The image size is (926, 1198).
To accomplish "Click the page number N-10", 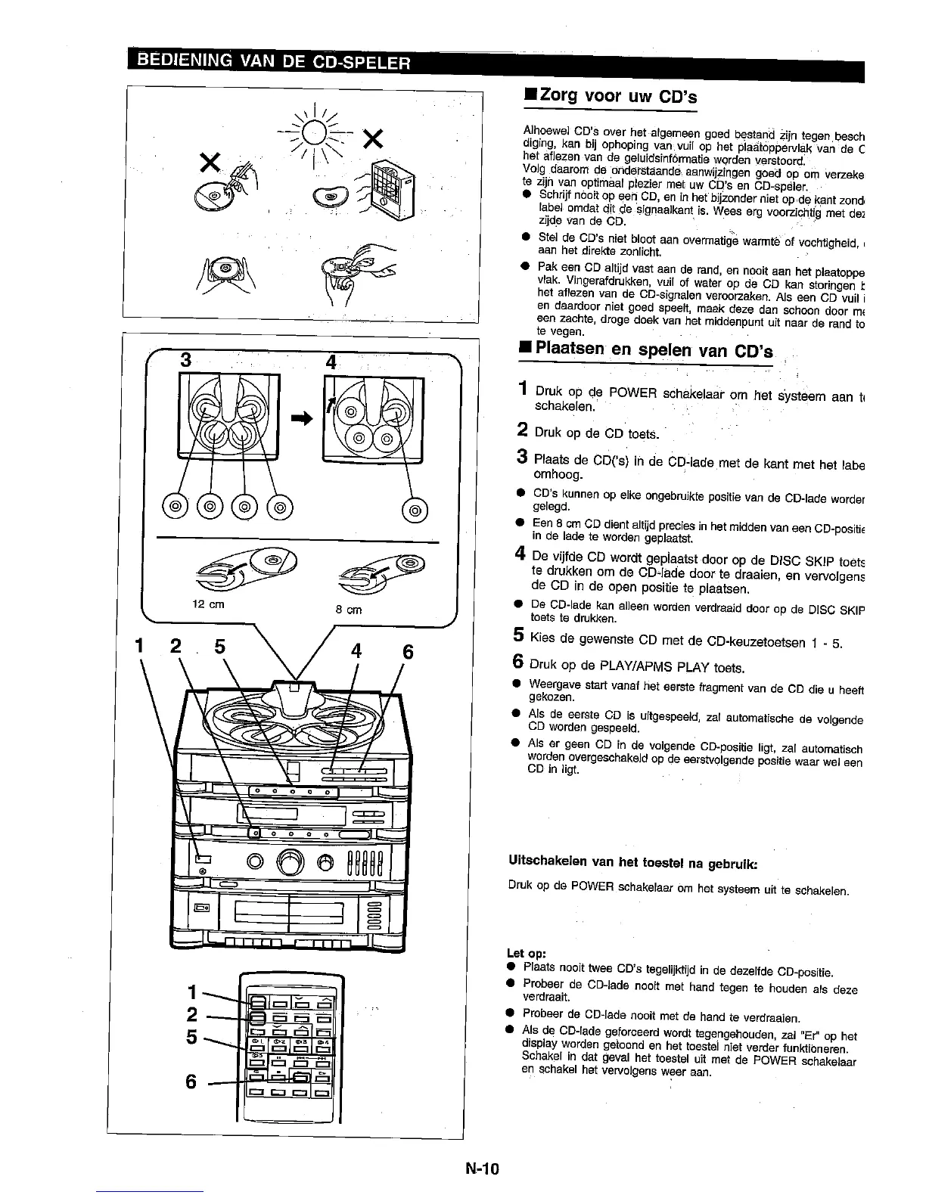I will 483,1169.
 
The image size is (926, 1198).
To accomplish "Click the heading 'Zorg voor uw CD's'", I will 614,97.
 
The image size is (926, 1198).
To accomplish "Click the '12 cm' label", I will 208,605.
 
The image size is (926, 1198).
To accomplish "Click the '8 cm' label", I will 349,610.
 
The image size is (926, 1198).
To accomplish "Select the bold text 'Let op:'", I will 527,952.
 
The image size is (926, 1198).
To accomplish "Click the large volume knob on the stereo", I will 290,861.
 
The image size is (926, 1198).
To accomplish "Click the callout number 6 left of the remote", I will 192,1082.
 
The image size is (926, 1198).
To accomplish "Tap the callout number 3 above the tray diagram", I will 184,360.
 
